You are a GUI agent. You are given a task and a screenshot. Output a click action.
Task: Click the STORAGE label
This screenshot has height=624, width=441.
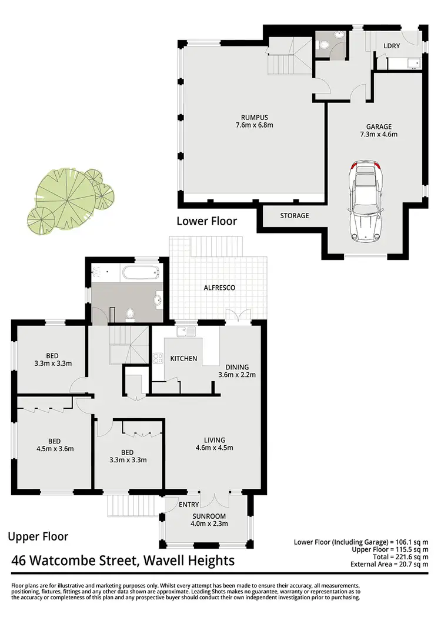pyautogui.click(x=294, y=216)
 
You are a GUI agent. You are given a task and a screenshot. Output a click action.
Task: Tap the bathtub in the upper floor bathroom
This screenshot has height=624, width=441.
pyautogui.click(x=140, y=273)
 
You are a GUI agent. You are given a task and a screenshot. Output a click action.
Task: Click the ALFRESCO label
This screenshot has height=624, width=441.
pyautogui.click(x=220, y=288)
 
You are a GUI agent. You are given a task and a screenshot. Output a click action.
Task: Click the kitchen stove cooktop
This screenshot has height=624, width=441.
pyautogui.click(x=158, y=358)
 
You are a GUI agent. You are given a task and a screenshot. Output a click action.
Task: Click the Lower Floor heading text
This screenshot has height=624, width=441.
pyautogui.click(x=207, y=221)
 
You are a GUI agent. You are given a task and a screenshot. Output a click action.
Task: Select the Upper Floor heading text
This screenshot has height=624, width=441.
pyautogui.click(x=38, y=536)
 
